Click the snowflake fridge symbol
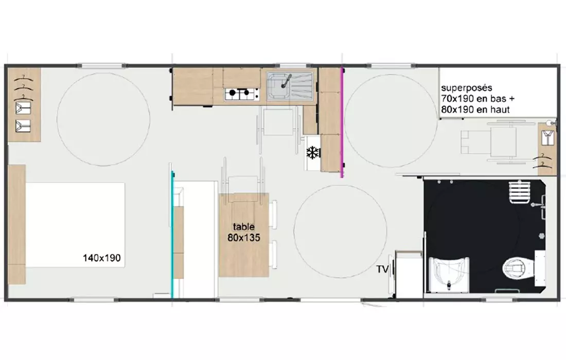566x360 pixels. pyautogui.click(x=313, y=153)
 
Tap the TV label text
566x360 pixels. pyautogui.click(x=382, y=269)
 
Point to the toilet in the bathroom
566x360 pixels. pyautogui.click(x=517, y=268)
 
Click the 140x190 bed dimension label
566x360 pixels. pyautogui.click(x=102, y=258)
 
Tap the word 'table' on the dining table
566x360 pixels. pyautogui.click(x=244, y=227)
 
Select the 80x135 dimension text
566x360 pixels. pyautogui.click(x=244, y=238)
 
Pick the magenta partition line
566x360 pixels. pyautogui.click(x=342, y=122)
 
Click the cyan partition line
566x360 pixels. pyautogui.click(x=172, y=235)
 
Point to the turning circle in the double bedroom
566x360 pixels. pyautogui.click(x=103, y=119)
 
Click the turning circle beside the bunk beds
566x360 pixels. pyautogui.click(x=391, y=121)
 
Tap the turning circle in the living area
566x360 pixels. pyautogui.click(x=341, y=231)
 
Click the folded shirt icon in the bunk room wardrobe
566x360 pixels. pyautogui.click(x=547, y=137)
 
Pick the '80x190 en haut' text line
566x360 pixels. pyautogui.click(x=475, y=110)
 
